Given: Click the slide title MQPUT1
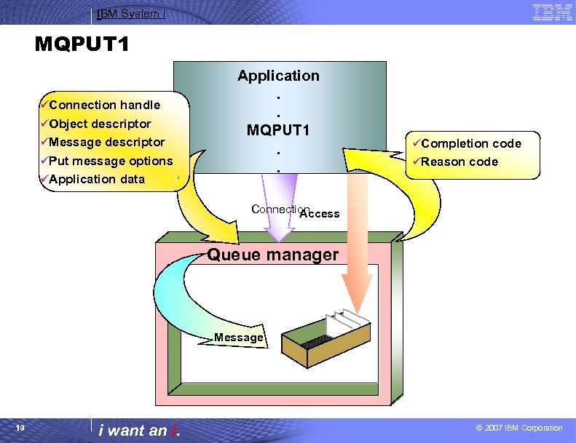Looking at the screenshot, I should tap(82, 45).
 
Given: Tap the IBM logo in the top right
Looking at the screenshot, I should tap(552, 12).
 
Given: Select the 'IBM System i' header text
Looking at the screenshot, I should tap(128, 13).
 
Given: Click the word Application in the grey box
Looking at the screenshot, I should tap(278, 76).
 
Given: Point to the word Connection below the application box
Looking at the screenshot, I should tap(281, 209).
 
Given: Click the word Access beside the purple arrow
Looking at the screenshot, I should tap(320, 214).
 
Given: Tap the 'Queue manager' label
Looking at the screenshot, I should tap(273, 255).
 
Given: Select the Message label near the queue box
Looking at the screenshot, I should tap(238, 338).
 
